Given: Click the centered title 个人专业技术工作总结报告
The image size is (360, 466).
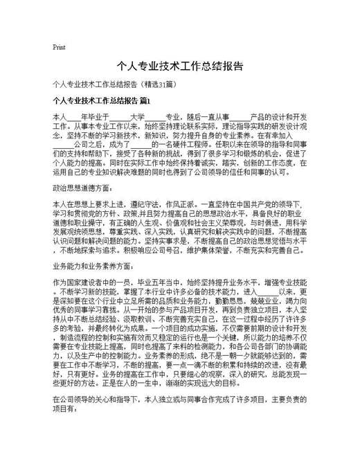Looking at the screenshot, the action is click(180, 67).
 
